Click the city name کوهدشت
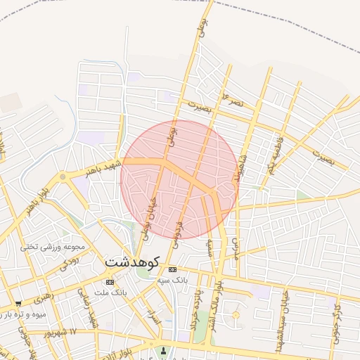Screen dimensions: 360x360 click(x=135, y=261)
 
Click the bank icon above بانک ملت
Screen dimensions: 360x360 click(x=109, y=282)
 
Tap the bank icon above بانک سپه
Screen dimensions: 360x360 click(x=173, y=269)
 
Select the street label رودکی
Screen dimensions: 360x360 click(x=67, y=261)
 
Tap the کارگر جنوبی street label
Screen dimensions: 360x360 click(x=337, y=315)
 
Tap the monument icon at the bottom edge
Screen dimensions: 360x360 click(x=165, y=351)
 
